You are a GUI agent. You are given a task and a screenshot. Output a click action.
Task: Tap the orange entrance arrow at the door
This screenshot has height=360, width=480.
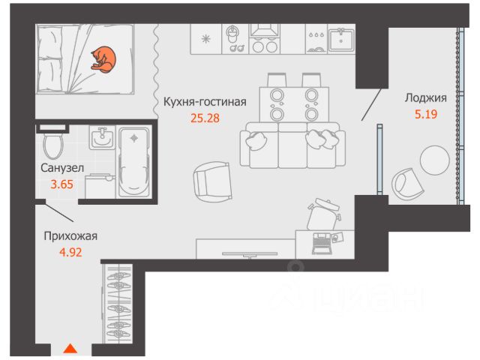point(70,348)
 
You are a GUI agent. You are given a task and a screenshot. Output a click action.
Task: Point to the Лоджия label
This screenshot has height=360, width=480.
point(425,98)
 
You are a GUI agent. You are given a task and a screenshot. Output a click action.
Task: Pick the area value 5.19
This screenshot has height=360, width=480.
point(425,115)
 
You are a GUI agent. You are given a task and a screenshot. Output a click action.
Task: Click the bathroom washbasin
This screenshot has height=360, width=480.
point(101,139)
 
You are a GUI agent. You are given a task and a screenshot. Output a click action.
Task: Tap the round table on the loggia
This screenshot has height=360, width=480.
point(436,160)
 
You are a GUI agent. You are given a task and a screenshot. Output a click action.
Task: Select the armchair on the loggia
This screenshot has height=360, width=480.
point(409,183)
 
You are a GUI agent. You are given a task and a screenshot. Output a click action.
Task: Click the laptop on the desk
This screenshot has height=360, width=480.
point(323,241)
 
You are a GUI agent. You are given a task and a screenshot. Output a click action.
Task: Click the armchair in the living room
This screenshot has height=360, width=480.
point(211,180)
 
